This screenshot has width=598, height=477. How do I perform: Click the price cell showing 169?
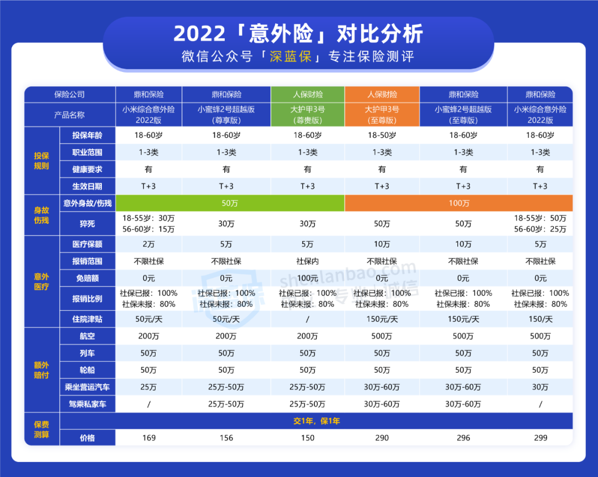pyautogui.click(x=149, y=438)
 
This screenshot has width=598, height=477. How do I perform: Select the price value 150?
pyautogui.click(x=307, y=438)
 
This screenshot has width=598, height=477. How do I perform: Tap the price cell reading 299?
pyautogui.click(x=540, y=438)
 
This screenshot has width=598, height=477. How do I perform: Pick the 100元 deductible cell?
pyautogui.click(x=307, y=278)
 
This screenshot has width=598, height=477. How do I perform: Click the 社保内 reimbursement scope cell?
pyautogui.click(x=307, y=261)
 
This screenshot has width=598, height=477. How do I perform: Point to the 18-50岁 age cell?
pyautogui.click(x=382, y=135)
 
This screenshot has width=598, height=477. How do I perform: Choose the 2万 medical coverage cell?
pyautogui.click(x=149, y=244)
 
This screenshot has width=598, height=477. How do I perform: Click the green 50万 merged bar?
pyautogui.click(x=230, y=203)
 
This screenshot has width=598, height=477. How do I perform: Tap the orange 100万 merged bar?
pyautogui.click(x=459, y=203)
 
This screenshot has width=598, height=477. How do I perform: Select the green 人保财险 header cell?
pyautogui.click(x=308, y=94)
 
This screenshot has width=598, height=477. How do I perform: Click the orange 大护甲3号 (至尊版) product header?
pyautogui.click(x=382, y=115)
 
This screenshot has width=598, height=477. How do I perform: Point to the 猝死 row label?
pyautogui.click(x=87, y=224)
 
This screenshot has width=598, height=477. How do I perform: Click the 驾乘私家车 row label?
pyautogui.click(x=87, y=404)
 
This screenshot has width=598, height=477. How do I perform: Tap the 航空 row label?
pyautogui.click(x=87, y=336)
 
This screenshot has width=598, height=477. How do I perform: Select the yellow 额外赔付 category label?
pyautogui.click(x=42, y=370)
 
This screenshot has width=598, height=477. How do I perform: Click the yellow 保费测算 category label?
pyautogui.click(x=42, y=429)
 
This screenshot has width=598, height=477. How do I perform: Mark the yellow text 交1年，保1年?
pyautogui.click(x=317, y=421)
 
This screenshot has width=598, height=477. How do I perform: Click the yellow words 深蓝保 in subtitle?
pyautogui.click(x=291, y=57)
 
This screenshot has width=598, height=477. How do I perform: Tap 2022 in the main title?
pyautogui.click(x=199, y=34)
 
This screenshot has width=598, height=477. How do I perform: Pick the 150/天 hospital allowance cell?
pyautogui.click(x=540, y=319)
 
